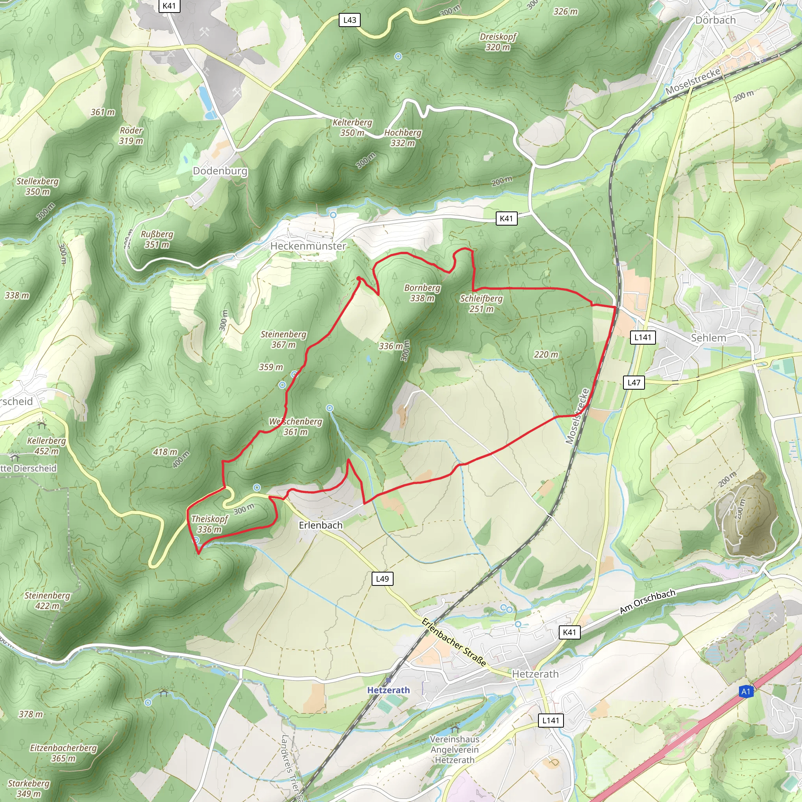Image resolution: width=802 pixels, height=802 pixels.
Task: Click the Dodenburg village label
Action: pos(220,171)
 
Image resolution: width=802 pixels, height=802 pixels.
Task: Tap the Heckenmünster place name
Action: pos(308,246)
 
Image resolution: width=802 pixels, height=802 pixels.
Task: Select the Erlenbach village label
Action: pos(320,525)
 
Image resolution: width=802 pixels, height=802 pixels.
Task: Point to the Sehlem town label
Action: pos(708,338)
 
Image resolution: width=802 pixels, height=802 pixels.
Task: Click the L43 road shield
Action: pos(350,20)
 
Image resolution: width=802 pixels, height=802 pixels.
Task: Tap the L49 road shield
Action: pos(382,579)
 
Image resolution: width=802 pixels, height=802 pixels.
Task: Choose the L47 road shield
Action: pos(634,383)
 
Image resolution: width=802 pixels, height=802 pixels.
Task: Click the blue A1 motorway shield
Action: pos(746,691)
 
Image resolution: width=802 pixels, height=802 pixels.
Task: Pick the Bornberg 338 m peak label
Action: pos(422,293)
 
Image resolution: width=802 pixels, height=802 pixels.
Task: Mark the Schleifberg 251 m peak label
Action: pos(481,303)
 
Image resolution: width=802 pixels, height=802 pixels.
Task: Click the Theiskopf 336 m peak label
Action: pos(210,524)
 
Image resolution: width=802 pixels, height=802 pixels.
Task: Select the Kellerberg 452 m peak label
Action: pos(46,446)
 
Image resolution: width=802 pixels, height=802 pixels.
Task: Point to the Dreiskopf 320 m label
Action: pos(498,42)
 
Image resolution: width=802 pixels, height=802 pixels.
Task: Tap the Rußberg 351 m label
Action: pos(157,239)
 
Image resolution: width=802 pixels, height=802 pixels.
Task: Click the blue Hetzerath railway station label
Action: pos(388,690)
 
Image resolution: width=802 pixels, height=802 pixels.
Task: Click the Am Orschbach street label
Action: pos(647,601)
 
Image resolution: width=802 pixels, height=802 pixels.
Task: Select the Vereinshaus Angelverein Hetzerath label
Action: pos(455,750)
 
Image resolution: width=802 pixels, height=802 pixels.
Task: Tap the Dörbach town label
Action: pos(715,20)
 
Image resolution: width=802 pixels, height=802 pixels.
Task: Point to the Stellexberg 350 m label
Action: pos(37,186)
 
